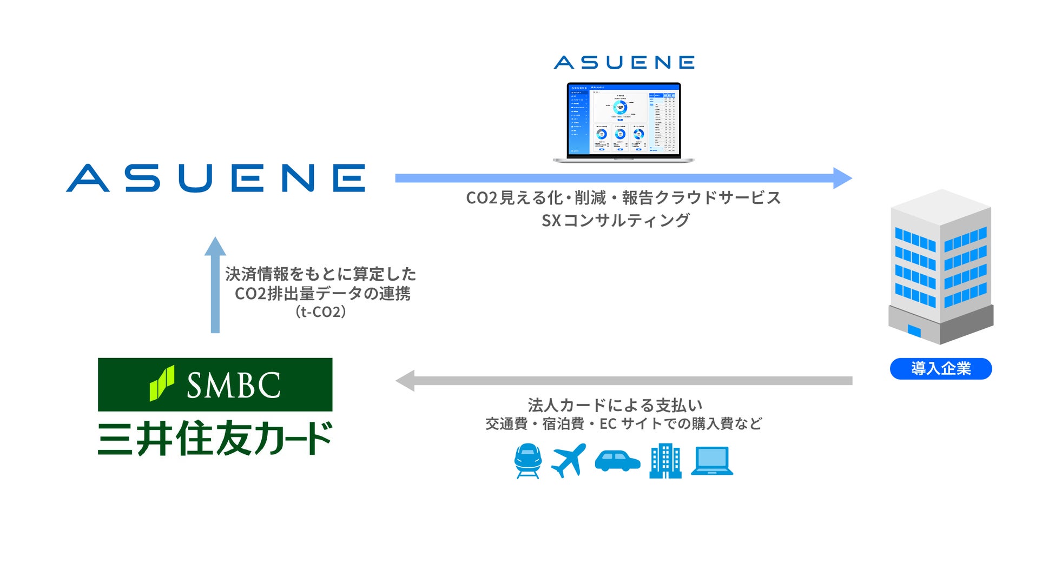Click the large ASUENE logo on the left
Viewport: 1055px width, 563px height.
[215, 178]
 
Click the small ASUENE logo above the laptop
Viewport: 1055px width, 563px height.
[624, 62]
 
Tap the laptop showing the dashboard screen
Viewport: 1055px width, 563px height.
[623, 122]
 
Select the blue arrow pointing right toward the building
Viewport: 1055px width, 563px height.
[622, 178]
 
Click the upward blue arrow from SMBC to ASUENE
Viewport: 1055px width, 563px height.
[215, 285]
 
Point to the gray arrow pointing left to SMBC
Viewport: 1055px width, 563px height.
[622, 381]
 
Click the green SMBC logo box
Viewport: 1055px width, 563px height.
[215, 385]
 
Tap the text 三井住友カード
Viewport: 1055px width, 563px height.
[215, 438]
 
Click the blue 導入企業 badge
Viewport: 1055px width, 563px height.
[940, 369]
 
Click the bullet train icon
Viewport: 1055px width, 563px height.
[527, 461]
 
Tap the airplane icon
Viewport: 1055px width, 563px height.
[569, 460]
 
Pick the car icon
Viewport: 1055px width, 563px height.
[617, 461]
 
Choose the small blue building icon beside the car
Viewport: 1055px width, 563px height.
[665, 461]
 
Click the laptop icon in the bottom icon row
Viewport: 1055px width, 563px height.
[712, 461]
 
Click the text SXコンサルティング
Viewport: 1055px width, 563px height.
[616, 220]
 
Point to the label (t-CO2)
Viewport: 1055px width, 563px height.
[320, 312]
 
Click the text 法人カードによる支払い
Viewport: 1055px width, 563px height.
[615, 405]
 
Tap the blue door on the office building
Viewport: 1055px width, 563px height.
[914, 330]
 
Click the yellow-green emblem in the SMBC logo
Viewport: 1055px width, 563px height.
[162, 383]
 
